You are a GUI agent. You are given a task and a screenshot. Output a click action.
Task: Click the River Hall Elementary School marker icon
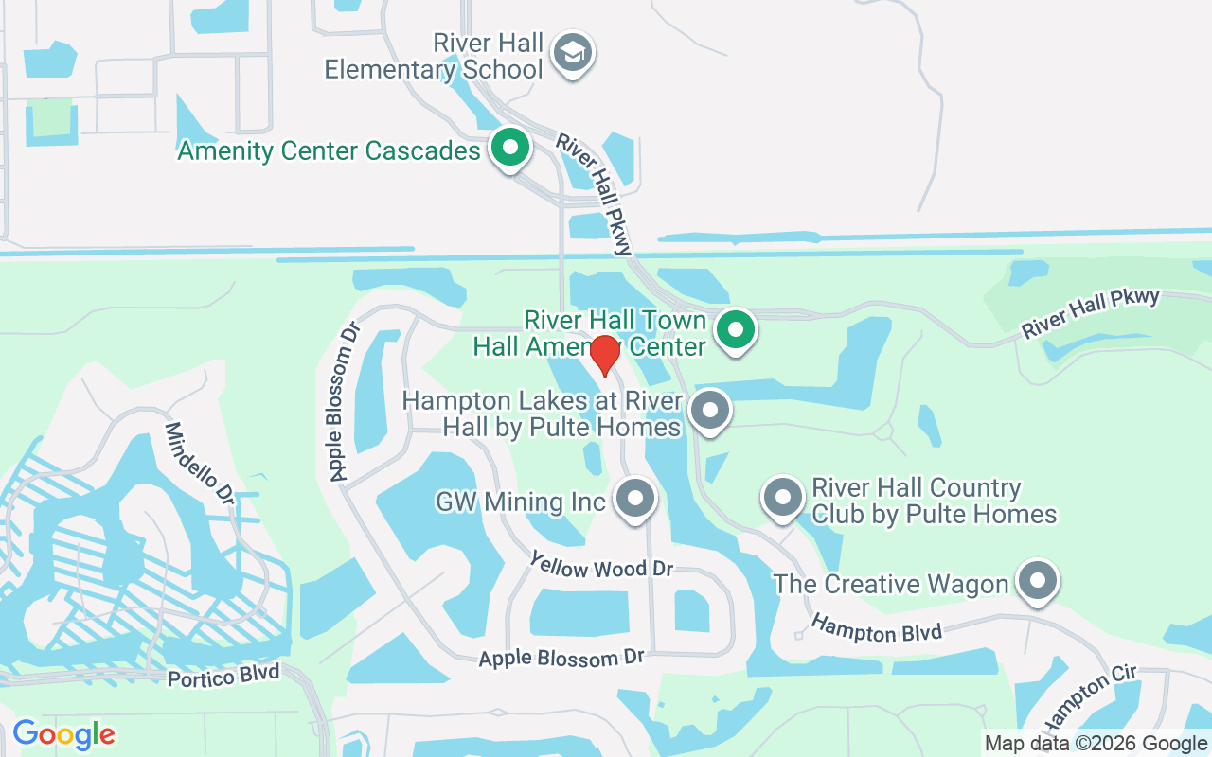(573, 53)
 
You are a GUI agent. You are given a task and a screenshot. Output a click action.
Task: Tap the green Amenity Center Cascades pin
(510, 148)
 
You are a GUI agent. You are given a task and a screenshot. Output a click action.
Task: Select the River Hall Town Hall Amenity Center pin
(736, 331)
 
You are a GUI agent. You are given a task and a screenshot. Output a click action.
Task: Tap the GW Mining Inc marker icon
(635, 498)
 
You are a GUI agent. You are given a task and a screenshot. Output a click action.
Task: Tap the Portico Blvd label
(223, 676)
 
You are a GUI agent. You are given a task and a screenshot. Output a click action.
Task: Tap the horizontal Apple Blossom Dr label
(561, 658)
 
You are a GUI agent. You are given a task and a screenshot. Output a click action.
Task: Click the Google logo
(63, 733)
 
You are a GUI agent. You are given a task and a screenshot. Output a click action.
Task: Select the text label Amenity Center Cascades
(329, 150)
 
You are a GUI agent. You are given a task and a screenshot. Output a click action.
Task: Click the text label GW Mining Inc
(520, 501)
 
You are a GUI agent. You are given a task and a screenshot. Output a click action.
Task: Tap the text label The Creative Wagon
(890, 584)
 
